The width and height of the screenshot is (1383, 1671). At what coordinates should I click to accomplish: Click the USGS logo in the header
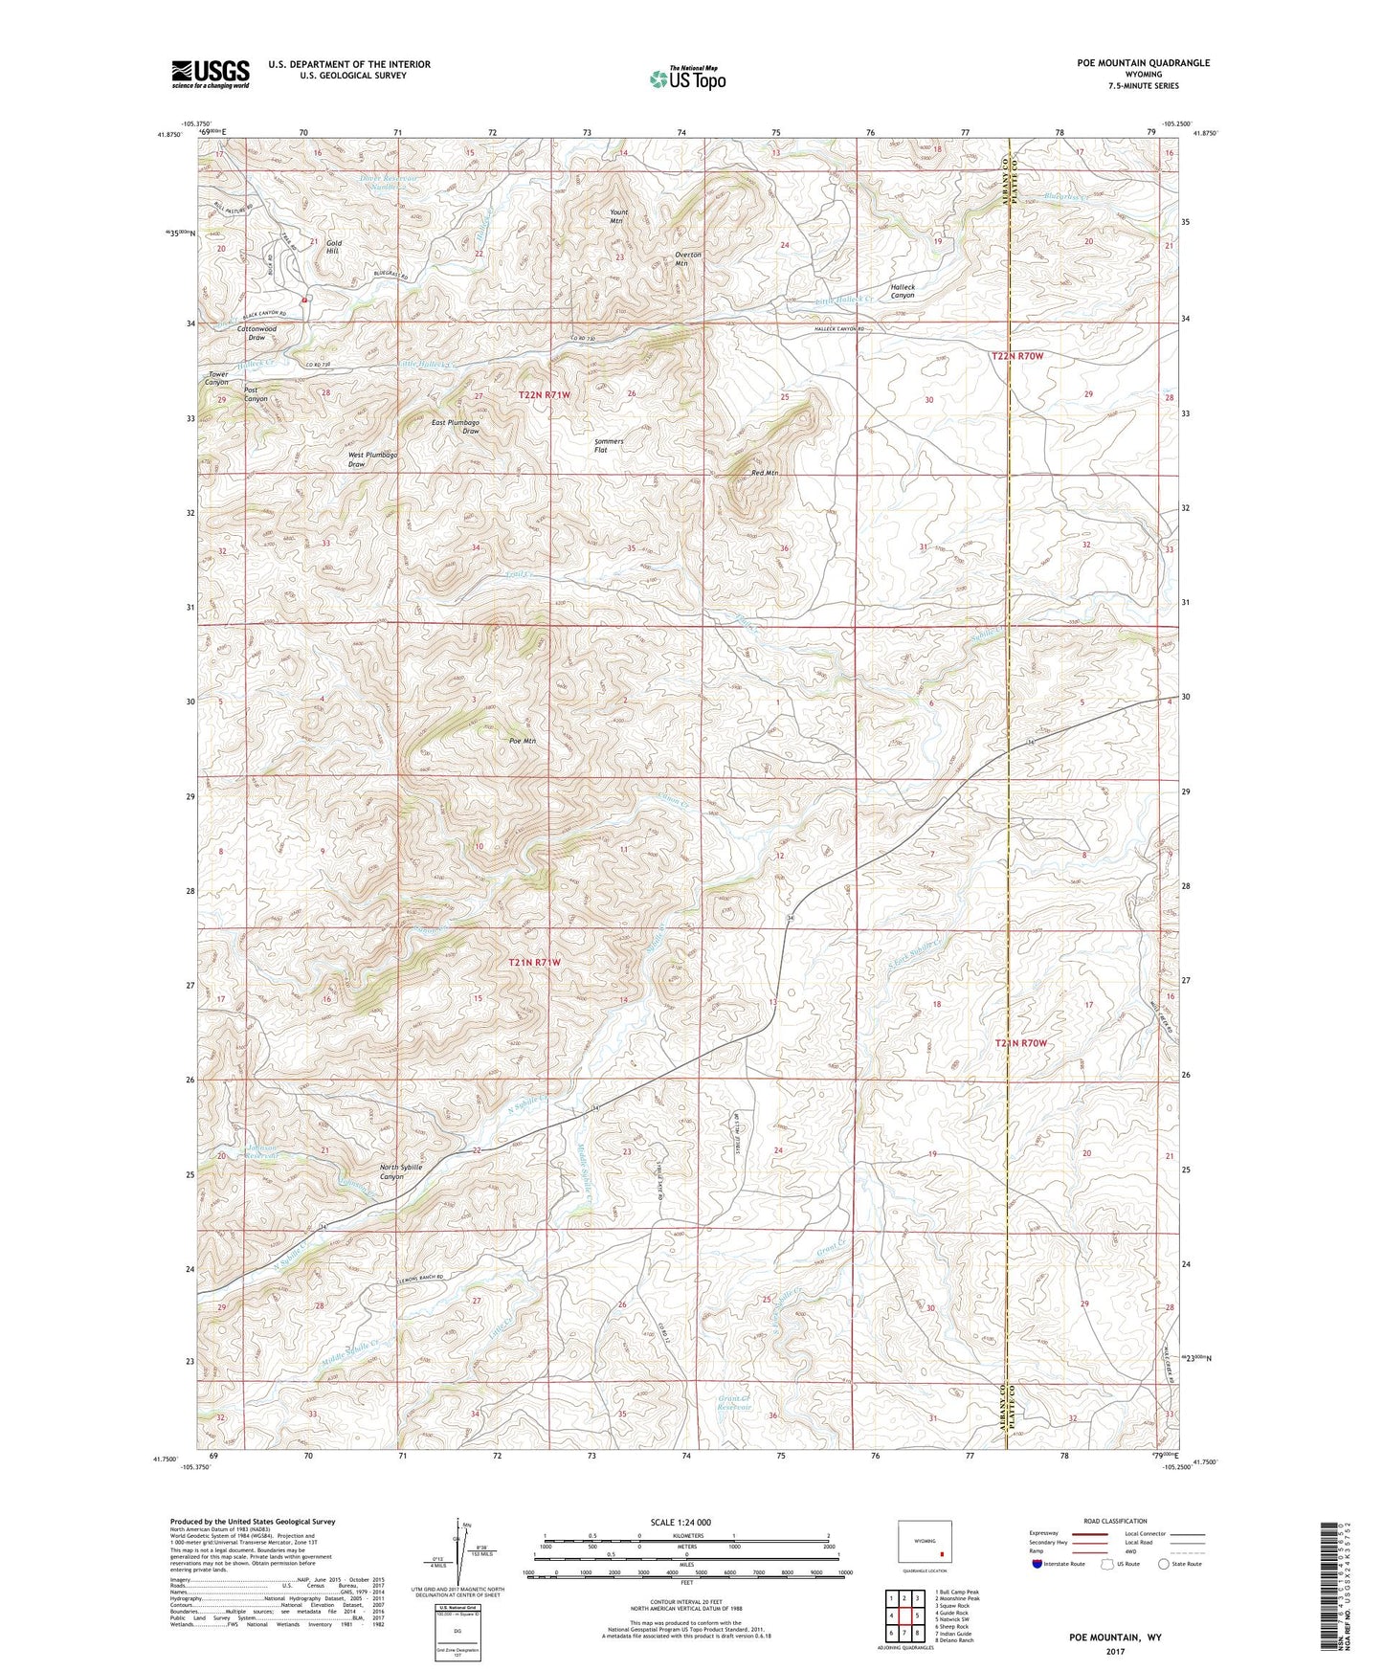click(x=211, y=74)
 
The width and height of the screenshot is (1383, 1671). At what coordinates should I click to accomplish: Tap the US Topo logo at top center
click(x=686, y=78)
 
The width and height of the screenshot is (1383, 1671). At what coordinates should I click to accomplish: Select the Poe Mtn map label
click(x=523, y=741)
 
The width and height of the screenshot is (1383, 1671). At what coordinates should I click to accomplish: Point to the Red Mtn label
click(x=765, y=474)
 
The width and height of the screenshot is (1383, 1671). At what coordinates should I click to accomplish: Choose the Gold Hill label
click(x=333, y=247)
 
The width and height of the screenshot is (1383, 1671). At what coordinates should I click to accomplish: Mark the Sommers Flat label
click(x=609, y=446)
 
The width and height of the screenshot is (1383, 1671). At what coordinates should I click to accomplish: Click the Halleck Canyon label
click(x=902, y=291)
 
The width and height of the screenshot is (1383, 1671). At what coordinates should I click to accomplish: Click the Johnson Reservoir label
click(x=262, y=1152)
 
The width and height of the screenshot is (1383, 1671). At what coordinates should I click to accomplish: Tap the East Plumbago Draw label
click(x=456, y=427)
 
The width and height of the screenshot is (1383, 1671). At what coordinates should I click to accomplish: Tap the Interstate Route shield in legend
click(x=1039, y=1564)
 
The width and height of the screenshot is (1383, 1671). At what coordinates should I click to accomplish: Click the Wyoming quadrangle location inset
click(x=925, y=1544)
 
